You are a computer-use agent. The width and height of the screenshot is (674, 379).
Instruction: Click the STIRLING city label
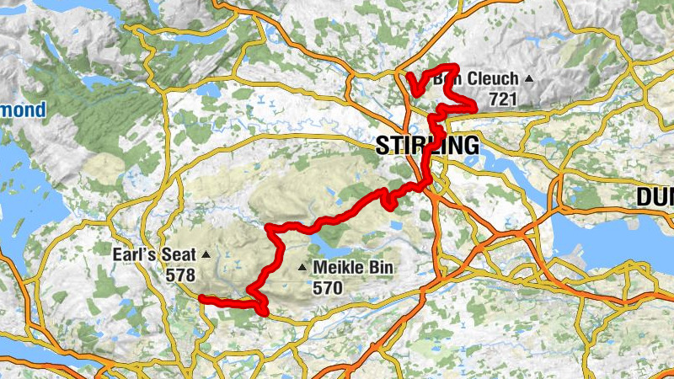[x=427, y=146]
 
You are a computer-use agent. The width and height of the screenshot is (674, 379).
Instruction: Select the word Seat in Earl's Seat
[x=182, y=254]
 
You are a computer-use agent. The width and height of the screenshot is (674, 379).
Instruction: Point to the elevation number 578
[x=180, y=275]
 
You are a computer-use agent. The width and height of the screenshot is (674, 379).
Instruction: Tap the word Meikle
[x=338, y=270]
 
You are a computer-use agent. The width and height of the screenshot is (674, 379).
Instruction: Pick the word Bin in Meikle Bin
[x=379, y=270]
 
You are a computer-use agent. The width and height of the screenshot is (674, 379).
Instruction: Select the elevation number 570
[x=329, y=288]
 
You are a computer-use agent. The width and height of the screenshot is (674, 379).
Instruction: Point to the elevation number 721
[x=502, y=99]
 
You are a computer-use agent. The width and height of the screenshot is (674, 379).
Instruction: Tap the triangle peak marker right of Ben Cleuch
[x=529, y=79]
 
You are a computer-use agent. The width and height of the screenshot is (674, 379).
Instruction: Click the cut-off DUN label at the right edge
[x=655, y=197]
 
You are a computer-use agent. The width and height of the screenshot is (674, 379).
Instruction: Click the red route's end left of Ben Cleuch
[x=409, y=77]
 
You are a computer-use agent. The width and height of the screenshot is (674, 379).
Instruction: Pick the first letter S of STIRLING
[x=382, y=146]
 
